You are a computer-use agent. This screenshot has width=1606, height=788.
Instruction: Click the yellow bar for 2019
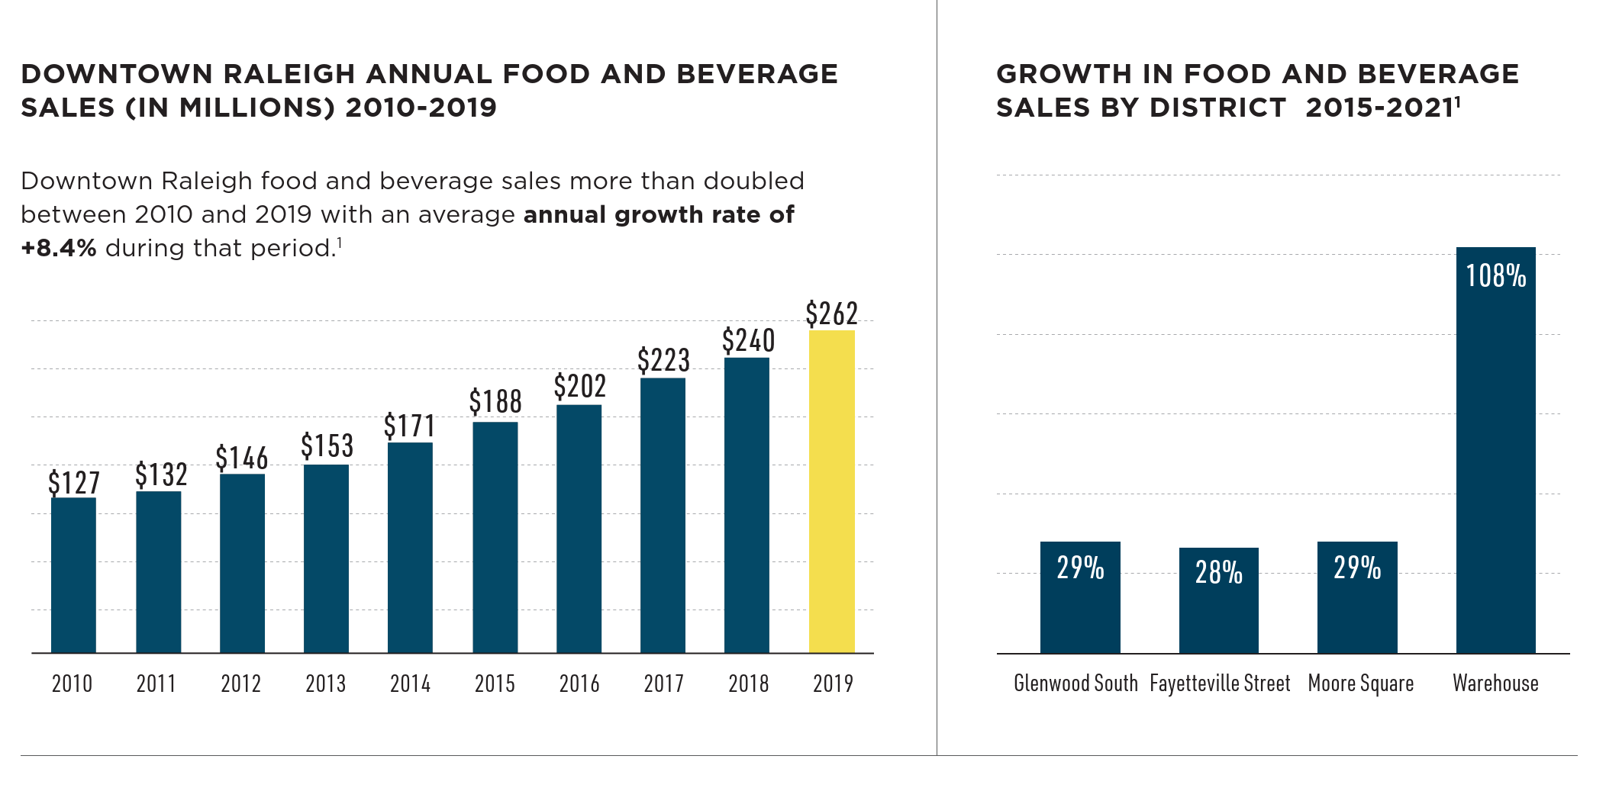tap(831, 491)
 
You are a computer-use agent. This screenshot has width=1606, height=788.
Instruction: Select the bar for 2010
tap(73, 575)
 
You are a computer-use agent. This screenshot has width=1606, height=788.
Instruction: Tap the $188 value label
tap(495, 402)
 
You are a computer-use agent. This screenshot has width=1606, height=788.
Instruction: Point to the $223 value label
tap(663, 360)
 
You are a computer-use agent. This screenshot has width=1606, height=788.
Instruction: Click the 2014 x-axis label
tap(410, 683)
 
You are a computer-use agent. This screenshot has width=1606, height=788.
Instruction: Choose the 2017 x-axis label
tap(663, 683)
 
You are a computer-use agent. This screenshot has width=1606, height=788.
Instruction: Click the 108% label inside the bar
tap(1495, 276)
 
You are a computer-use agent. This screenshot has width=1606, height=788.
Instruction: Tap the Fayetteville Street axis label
tap(1219, 683)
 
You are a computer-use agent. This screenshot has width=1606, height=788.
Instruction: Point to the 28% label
tap(1218, 572)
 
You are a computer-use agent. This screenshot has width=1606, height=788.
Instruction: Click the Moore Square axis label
tap(1360, 683)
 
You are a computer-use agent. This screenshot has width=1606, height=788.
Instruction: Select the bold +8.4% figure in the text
tap(59, 248)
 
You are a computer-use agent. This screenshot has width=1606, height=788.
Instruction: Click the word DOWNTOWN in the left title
tap(116, 74)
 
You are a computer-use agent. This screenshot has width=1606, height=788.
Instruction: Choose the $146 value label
tap(241, 458)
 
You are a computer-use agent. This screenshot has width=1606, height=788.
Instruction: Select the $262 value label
tap(831, 314)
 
